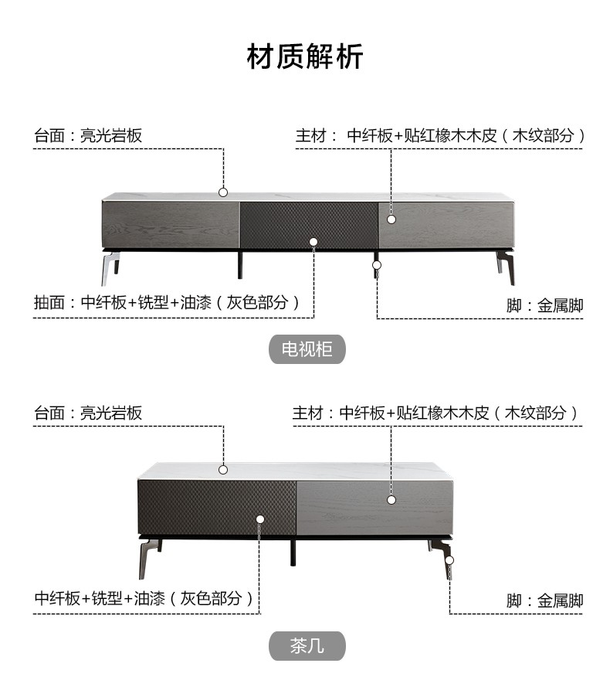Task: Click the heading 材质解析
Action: click(x=305, y=56)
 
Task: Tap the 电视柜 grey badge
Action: click(x=307, y=349)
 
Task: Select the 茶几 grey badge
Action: click(x=307, y=646)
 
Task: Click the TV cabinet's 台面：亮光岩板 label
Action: click(x=88, y=136)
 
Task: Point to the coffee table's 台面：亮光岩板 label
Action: click(x=88, y=413)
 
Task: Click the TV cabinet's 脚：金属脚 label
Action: click(x=544, y=305)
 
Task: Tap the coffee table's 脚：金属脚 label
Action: click(x=544, y=600)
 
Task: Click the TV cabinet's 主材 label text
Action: click(x=440, y=136)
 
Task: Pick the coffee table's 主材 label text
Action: click(x=435, y=413)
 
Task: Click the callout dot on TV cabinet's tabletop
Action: click(x=223, y=192)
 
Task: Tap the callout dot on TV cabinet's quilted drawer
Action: click(x=313, y=242)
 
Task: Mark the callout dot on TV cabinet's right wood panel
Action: click(x=391, y=219)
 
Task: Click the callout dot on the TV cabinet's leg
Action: click(x=377, y=265)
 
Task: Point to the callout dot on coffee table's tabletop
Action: click(x=223, y=469)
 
